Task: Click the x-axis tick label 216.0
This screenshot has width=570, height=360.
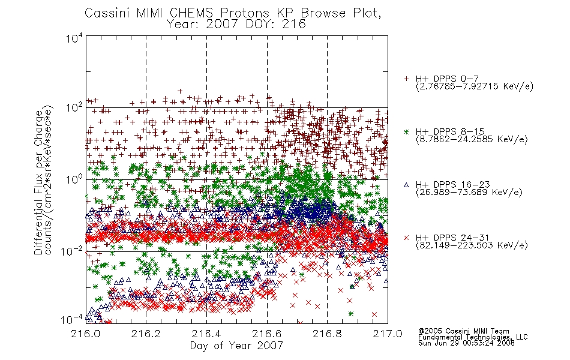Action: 85,334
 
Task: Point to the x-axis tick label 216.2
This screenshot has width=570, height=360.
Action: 146,334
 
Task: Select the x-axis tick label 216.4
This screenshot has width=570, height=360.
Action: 206,334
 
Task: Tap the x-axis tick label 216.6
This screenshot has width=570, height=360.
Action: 267,334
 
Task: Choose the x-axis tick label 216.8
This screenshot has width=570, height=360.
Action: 327,334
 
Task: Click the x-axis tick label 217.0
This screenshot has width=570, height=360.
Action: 388,334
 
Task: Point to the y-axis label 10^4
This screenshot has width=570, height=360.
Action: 74,38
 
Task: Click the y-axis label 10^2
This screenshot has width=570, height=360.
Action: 74,107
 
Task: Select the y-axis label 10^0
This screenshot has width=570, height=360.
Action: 74,179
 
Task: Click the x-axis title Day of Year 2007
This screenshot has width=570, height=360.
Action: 236,346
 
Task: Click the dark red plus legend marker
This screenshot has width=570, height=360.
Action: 406,79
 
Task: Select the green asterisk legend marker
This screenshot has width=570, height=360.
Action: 406,131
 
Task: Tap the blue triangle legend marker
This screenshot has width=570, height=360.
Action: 406,185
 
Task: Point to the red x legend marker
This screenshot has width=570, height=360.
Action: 406,238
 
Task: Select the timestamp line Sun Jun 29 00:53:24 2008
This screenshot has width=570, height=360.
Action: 466,343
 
